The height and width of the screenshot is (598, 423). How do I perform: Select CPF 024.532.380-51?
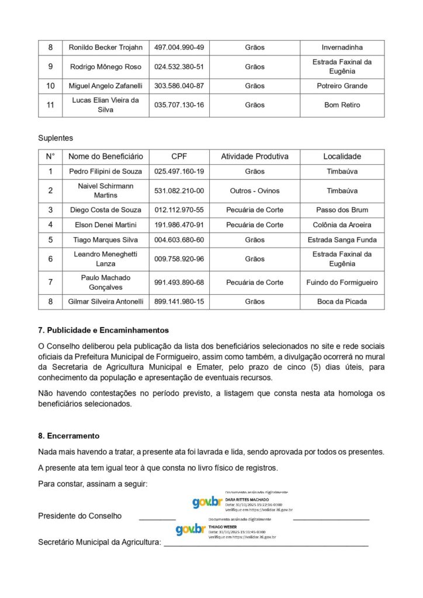click(x=179, y=67)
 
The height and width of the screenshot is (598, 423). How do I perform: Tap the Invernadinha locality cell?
click(x=342, y=48)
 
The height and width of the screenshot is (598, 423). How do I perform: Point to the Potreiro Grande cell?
click(x=342, y=86)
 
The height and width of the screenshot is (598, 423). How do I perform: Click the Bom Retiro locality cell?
click(x=342, y=105)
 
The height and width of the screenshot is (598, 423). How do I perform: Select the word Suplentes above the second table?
click(x=56, y=138)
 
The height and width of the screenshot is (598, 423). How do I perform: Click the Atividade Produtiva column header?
click(x=255, y=157)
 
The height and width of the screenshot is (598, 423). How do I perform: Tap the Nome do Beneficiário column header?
click(x=105, y=157)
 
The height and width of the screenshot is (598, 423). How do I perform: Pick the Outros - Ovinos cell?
click(x=255, y=190)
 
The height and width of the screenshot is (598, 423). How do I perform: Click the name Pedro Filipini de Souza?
click(x=105, y=172)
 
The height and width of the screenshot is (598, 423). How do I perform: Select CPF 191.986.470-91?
click(x=179, y=225)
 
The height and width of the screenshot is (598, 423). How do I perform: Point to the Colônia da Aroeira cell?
click(x=342, y=225)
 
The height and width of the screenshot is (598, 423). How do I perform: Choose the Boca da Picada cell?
click(x=342, y=301)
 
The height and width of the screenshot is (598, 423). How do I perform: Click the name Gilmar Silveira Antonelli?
click(x=105, y=301)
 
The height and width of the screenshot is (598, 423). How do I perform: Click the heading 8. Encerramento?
click(x=69, y=436)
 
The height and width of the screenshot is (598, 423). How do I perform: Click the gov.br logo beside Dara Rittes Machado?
click(x=207, y=502)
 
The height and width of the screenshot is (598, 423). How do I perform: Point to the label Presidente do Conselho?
click(x=80, y=516)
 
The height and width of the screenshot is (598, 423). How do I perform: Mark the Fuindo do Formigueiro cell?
click(x=342, y=283)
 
